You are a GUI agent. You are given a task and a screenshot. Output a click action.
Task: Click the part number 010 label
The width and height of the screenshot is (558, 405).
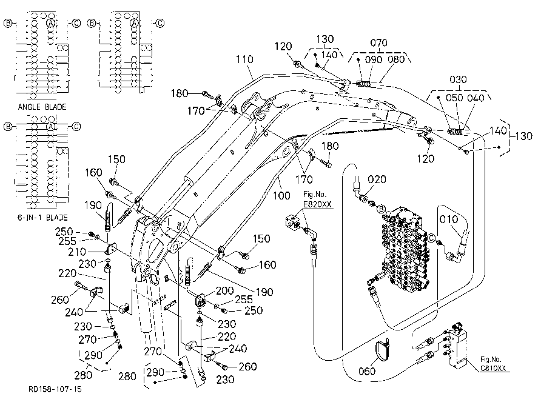(449, 219)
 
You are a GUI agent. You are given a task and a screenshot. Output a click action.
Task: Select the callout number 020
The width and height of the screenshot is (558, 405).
(377, 179)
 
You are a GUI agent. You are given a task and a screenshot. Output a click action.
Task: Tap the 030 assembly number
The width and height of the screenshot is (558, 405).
(458, 79)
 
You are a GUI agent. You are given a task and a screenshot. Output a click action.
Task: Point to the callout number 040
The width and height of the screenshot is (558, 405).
(476, 98)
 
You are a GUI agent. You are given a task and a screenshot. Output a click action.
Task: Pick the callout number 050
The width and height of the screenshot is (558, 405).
(454, 98)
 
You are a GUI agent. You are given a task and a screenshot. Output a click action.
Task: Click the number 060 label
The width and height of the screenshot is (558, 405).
(367, 371)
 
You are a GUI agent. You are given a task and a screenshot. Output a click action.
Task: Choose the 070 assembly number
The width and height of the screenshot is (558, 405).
(378, 43)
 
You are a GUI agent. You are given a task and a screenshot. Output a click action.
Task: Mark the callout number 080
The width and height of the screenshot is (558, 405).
(396, 59)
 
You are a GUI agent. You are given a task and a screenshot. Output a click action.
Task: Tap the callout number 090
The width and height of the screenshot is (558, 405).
(374, 59)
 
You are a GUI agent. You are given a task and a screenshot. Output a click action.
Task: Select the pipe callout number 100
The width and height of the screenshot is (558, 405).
(281, 195)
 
